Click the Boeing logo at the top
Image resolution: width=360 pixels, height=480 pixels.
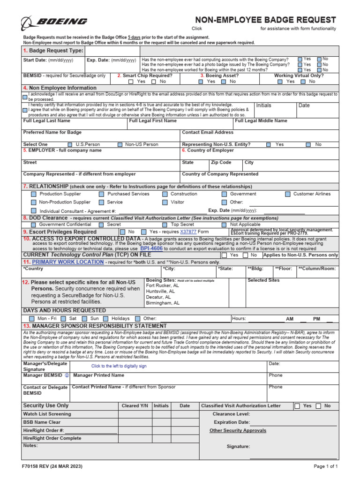(x=54, y=22)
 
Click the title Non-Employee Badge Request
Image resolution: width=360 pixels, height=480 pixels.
(x=265, y=20)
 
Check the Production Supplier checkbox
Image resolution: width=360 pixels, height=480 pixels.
(x=33, y=194)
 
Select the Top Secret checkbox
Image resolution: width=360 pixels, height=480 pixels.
(x=165, y=225)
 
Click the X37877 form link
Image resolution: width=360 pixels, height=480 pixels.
(x=188, y=232)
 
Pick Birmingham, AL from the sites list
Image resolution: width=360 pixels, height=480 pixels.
(x=163, y=303)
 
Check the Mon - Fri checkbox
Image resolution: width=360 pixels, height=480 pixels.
(x=33, y=319)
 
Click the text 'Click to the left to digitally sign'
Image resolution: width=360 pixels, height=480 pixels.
(x=119, y=366)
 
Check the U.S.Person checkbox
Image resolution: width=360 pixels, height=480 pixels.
(x=70, y=145)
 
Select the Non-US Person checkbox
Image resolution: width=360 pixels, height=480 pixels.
(x=120, y=145)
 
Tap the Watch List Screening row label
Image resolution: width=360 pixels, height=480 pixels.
(x=47, y=414)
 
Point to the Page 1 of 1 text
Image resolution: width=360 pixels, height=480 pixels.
(x=325, y=466)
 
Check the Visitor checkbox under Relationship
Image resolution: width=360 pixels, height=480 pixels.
(x=165, y=202)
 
